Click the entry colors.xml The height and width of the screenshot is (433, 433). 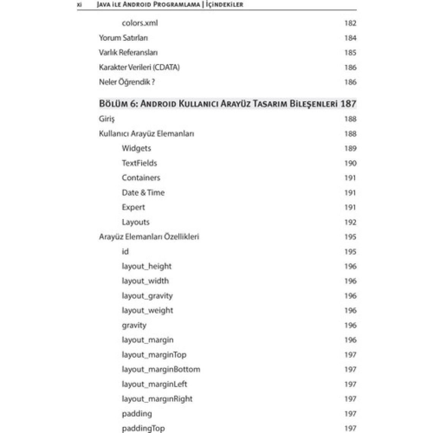coord(139,23)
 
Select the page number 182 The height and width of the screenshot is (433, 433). coord(350,23)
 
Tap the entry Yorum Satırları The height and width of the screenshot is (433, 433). coord(123,38)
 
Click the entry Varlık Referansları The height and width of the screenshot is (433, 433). coord(128,53)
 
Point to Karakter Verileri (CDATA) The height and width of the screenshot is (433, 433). coord(139,68)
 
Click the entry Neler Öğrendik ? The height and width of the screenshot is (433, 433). coord(126,82)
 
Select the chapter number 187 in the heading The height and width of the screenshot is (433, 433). coord(348,104)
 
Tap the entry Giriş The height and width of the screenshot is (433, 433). coord(106,119)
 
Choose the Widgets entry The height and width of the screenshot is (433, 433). coord(136,149)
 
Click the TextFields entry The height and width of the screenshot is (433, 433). coord(139,163)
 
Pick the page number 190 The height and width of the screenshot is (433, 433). coord(350,163)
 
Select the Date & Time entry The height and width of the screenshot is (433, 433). coord(143,193)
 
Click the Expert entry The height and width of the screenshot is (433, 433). coord(133,207)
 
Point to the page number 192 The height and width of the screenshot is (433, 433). coord(350,222)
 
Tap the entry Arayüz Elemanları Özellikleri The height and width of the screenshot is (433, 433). coord(149,237)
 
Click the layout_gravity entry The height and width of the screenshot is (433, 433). coord(147,296)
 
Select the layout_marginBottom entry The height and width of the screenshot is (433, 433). coord(161,370)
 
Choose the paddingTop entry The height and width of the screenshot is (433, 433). coord(143,428)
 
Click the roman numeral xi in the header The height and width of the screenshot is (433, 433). coord(79,5)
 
